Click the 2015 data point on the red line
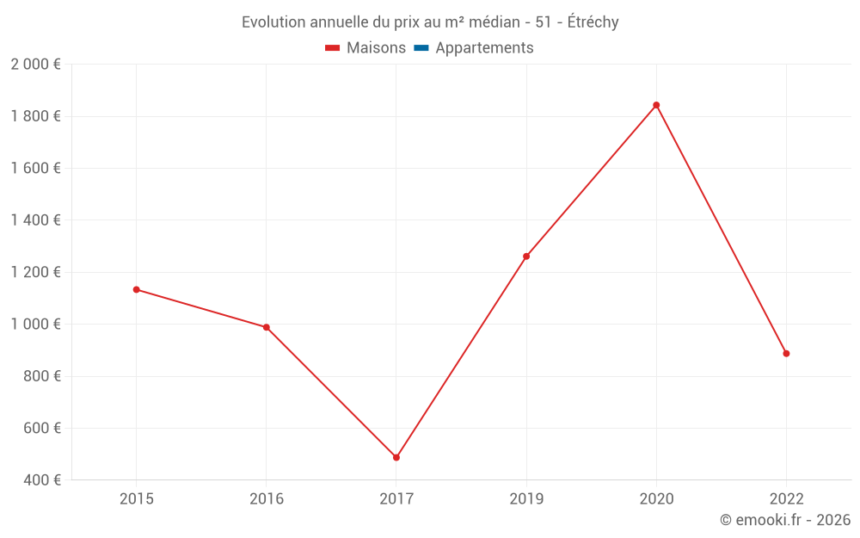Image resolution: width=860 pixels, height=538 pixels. (137, 289)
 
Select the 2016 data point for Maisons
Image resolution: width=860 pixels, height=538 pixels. (267, 327)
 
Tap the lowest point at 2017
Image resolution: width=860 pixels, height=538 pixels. (396, 457)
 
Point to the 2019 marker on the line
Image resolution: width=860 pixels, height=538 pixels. (526, 257)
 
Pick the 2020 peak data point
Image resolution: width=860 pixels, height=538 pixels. (656, 105)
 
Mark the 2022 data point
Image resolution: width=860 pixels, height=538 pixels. (786, 353)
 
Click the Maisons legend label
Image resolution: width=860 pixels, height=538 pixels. (376, 48)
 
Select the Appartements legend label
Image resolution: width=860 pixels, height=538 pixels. (484, 48)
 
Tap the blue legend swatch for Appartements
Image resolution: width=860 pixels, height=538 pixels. (421, 48)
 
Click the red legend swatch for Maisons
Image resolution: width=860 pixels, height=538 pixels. (333, 48)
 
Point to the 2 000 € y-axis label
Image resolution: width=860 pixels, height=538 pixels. (35, 65)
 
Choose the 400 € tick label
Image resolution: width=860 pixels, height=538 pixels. (40, 479)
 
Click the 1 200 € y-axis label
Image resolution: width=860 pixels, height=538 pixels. (35, 272)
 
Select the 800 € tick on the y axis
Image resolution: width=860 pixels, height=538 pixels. (40, 376)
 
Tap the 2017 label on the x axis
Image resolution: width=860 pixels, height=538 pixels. (396, 498)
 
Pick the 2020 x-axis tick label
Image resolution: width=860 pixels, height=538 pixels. (656, 498)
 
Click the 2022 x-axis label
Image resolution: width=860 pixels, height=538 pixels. (786, 498)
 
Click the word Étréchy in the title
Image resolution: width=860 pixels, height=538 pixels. (592, 22)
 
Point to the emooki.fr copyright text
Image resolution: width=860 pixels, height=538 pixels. (785, 520)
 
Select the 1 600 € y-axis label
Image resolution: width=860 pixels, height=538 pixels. (35, 168)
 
